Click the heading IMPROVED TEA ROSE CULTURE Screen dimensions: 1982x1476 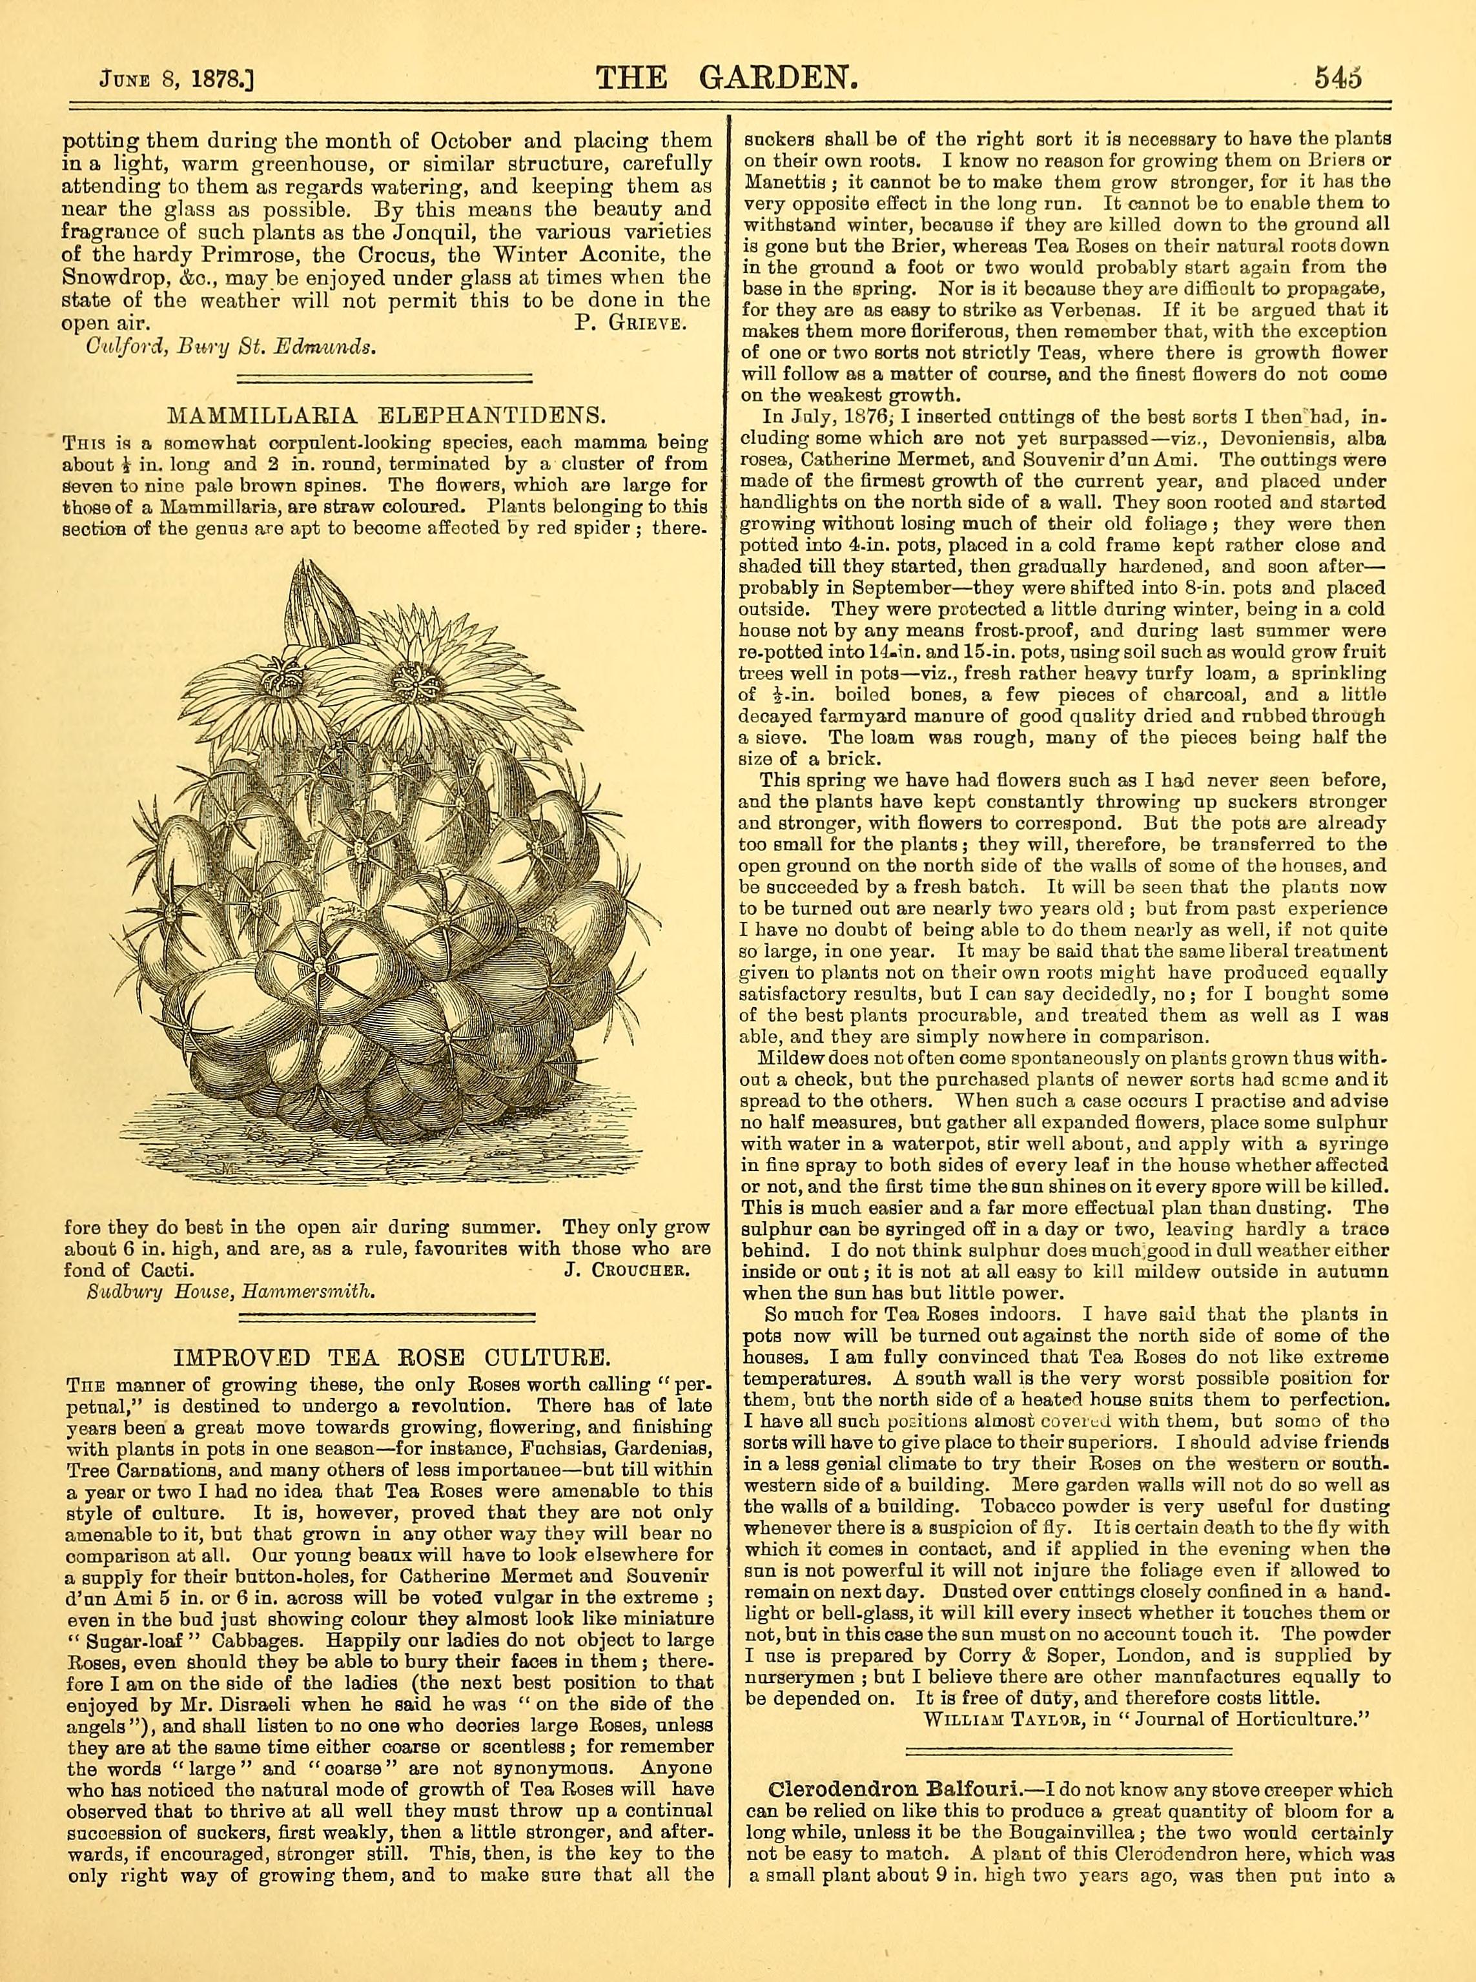(x=391, y=1358)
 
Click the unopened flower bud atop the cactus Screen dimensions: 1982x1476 (x=314, y=610)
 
